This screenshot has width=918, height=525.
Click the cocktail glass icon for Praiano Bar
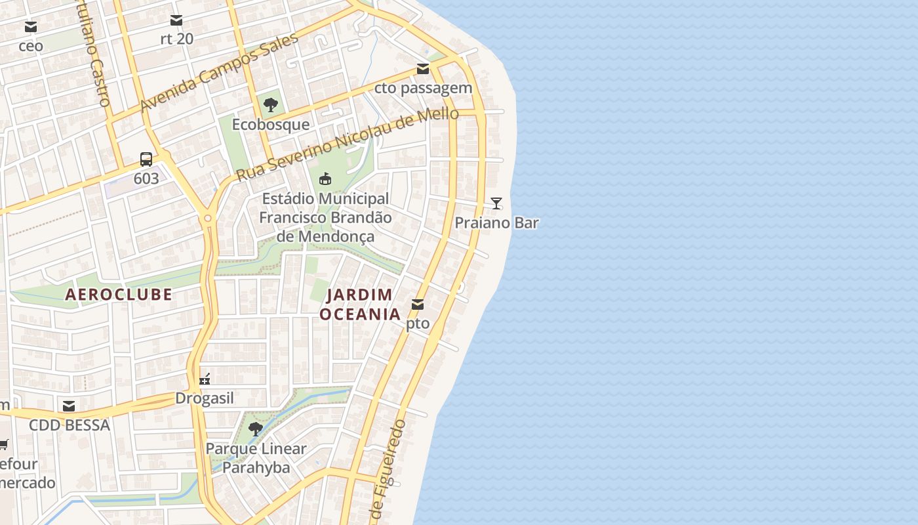496,203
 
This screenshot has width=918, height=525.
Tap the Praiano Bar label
496,222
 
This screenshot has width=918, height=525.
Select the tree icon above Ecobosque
270,105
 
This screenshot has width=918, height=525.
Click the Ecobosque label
270,125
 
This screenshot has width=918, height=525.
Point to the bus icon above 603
146,159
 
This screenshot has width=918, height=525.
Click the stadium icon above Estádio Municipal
325,178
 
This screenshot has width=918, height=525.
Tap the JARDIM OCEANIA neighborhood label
360,304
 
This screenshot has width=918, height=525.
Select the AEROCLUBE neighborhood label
119,295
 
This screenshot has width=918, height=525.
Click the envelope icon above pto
418,304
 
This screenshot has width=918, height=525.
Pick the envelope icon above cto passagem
423,69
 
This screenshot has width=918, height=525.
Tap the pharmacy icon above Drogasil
205,379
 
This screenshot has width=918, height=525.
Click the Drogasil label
205,398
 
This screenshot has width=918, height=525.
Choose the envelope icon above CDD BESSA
69,406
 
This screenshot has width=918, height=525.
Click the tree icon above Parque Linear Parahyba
256,429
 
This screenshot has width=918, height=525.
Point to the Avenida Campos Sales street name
219,72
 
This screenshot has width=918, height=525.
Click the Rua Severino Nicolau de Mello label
348,144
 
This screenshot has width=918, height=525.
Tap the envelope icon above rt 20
176,20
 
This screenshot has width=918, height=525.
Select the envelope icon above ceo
31,27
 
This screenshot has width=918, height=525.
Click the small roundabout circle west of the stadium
208,218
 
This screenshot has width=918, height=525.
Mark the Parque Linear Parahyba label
256,458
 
